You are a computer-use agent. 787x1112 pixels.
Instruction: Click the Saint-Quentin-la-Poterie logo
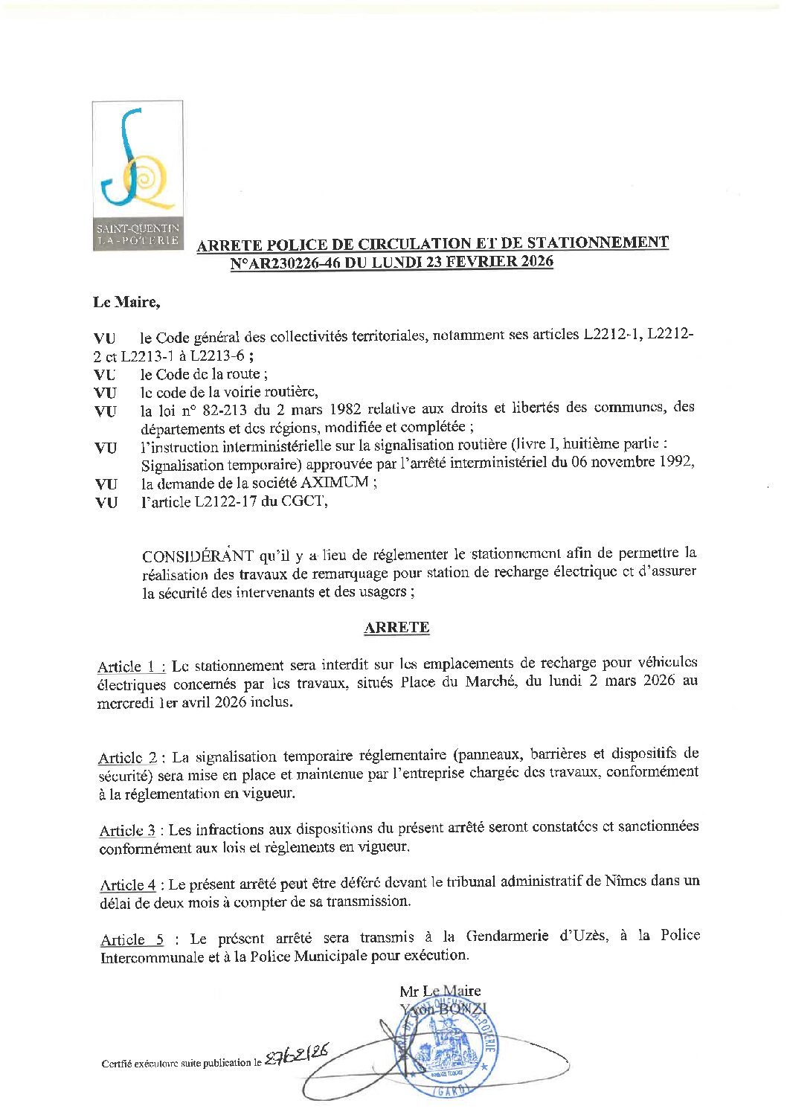[138, 175]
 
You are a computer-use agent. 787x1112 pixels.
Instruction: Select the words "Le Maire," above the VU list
[126, 302]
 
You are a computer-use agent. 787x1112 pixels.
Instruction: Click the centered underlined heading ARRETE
[396, 627]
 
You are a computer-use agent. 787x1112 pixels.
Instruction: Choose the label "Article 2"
[128, 758]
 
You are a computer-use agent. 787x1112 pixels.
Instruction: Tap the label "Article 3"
[128, 830]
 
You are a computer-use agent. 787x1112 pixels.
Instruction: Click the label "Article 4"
[128, 885]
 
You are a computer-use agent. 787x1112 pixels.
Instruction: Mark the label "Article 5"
[132, 939]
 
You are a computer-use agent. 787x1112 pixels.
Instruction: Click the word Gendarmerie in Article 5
[507, 936]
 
